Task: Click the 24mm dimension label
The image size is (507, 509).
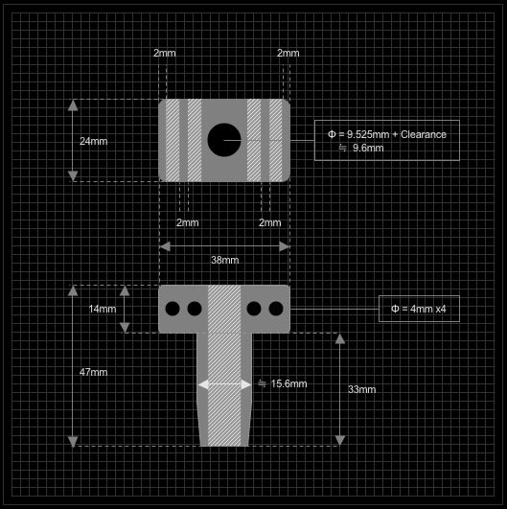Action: click(x=94, y=141)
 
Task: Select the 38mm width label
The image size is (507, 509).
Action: click(x=225, y=260)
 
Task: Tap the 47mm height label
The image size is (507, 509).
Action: click(x=94, y=372)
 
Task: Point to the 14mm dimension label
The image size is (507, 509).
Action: click(x=103, y=309)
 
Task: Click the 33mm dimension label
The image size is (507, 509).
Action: click(x=362, y=389)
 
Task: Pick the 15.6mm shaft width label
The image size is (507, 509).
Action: click(x=283, y=383)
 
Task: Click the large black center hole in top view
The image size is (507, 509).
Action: click(x=224, y=140)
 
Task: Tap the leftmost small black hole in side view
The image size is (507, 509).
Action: click(x=173, y=309)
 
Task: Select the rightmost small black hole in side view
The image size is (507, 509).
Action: click(x=276, y=309)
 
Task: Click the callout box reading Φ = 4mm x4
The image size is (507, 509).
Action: click(x=419, y=309)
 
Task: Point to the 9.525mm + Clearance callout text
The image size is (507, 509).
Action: click(x=387, y=134)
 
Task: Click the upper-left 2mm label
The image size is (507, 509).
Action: click(x=165, y=53)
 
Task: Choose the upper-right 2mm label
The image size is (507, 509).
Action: click(x=288, y=53)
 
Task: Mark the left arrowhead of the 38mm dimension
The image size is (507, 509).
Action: click(x=165, y=246)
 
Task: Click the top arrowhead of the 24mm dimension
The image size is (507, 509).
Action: click(x=73, y=105)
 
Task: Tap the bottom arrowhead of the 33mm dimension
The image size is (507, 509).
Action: click(x=340, y=441)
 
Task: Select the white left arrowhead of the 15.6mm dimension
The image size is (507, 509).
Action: click(x=203, y=384)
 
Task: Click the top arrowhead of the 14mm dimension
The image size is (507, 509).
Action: click(x=125, y=290)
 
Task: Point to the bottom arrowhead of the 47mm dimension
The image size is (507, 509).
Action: click(x=73, y=441)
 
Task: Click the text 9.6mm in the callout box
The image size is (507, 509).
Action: click(x=368, y=148)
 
